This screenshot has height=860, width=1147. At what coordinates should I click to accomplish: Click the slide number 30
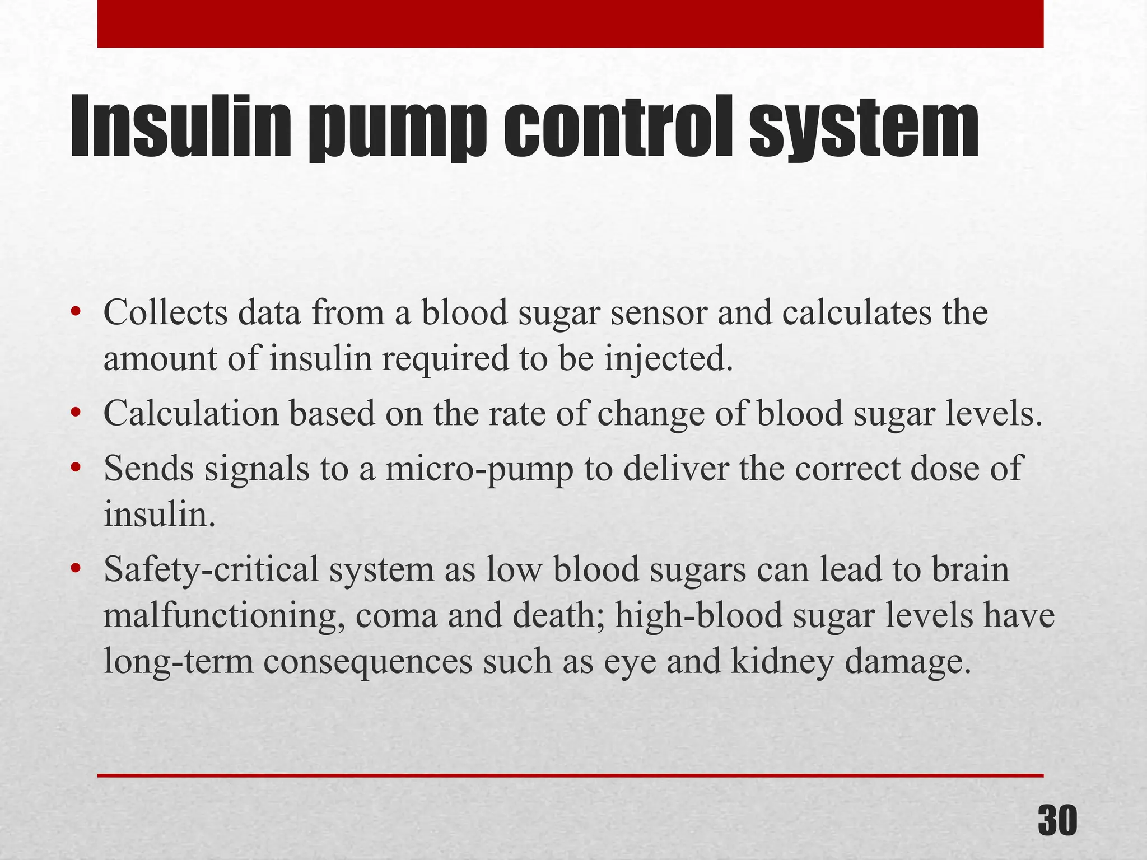[1057, 821]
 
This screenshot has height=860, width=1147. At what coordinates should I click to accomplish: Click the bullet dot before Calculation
[76, 414]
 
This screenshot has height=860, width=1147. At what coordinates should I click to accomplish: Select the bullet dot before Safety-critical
[76, 569]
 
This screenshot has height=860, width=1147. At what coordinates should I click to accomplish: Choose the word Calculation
[191, 414]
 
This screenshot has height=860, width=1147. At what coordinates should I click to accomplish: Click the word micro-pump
[479, 469]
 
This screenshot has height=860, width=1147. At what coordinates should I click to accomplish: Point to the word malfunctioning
[223, 615]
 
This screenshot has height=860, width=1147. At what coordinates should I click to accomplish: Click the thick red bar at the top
[570, 24]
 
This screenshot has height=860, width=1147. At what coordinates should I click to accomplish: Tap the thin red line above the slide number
[570, 775]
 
